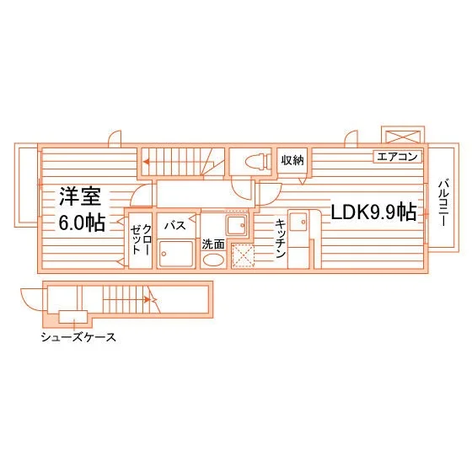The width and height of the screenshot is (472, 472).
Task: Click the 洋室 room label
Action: (80, 196)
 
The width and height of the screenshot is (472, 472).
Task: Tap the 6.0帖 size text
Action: (82, 223)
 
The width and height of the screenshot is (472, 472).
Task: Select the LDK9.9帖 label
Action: (374, 212)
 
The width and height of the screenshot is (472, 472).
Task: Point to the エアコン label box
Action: (397, 157)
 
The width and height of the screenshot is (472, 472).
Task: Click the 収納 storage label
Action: (292, 160)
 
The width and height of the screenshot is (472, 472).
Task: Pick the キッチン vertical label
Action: (280, 239)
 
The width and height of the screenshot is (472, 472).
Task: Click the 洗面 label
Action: (213, 244)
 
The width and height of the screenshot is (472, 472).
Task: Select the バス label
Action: (175, 225)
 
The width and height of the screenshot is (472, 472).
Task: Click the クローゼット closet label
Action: (141, 239)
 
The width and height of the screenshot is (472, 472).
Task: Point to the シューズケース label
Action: (78, 337)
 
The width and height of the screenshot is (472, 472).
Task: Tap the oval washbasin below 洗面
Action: (213, 260)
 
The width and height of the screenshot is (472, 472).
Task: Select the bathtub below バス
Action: (176, 254)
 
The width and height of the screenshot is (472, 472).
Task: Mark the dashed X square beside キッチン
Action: (243, 255)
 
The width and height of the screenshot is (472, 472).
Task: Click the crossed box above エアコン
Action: (403, 137)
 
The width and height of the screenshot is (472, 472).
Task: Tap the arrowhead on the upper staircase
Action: (146, 162)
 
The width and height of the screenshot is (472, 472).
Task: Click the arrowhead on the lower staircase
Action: (147, 299)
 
